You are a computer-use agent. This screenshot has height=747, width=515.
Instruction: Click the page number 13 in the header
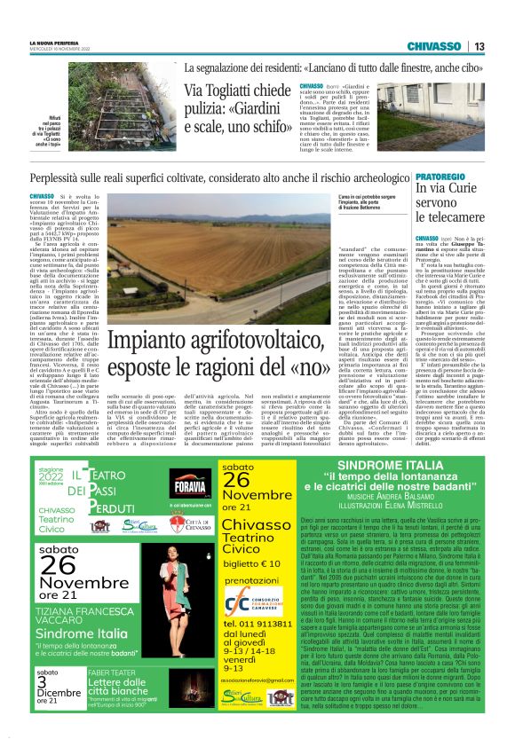[479, 46]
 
